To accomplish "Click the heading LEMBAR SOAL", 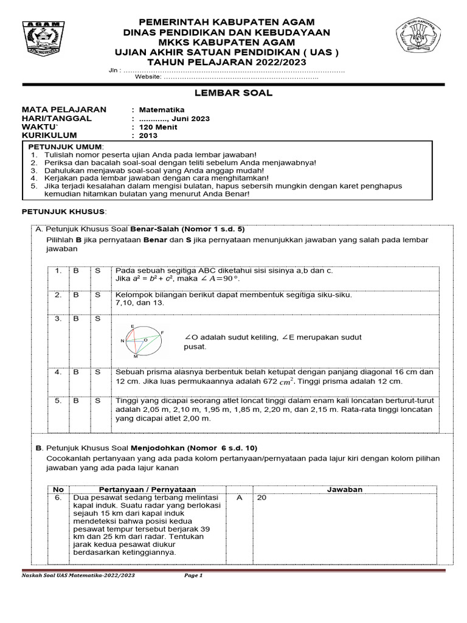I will point(233,93).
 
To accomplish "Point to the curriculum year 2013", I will point(148,136).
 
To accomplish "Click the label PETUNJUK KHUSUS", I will point(64,211).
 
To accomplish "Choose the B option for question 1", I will point(76,271).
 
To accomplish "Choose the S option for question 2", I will point(97,295).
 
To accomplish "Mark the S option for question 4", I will point(97,372).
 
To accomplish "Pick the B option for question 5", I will point(76,401).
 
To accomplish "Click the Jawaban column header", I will point(345,489).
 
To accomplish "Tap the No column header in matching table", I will point(58,489).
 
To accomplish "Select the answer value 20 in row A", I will point(263,498).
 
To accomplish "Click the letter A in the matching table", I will point(239,498).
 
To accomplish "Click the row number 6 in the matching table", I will point(58,498).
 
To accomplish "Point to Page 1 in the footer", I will point(193,575).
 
